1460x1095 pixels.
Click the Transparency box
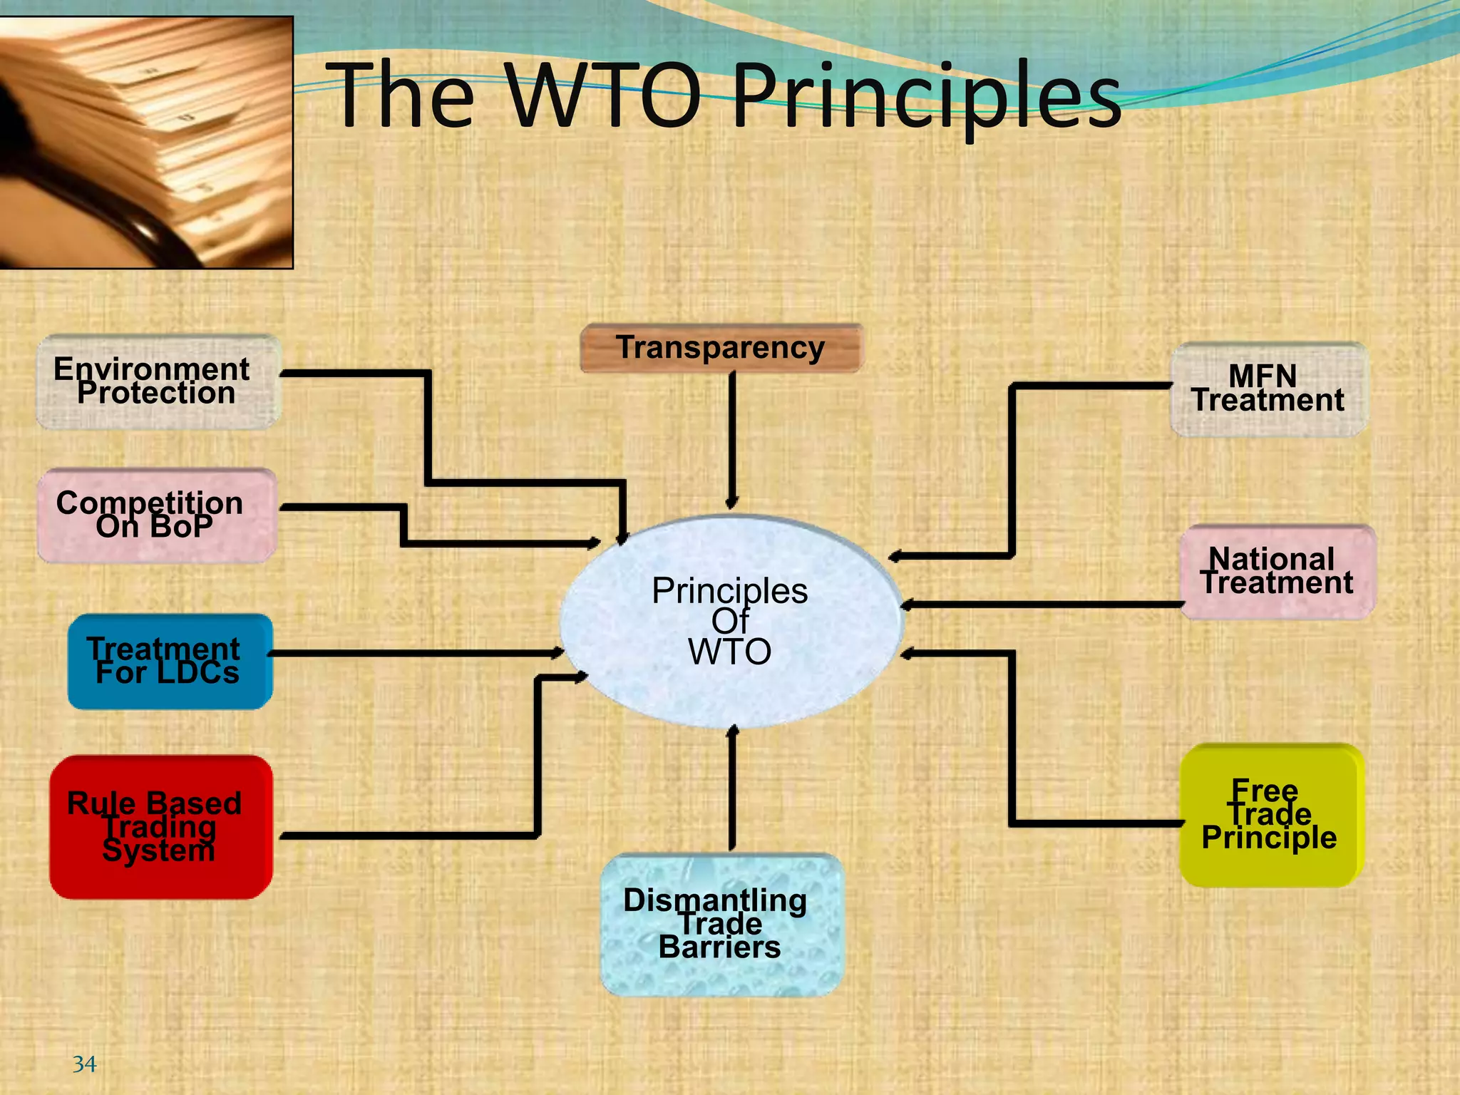pyautogui.click(x=721, y=348)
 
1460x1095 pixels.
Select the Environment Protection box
pyautogui.click(x=158, y=382)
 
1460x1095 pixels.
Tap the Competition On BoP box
pyautogui.click(x=156, y=515)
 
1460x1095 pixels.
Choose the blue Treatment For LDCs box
pyautogui.click(x=170, y=662)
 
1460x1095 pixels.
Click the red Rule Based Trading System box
pyautogui.click(x=160, y=827)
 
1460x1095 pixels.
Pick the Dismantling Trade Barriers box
pyautogui.click(x=721, y=925)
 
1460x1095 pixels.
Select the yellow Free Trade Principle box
pyautogui.click(x=1270, y=816)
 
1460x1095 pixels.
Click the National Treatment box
pyautogui.click(x=1277, y=572)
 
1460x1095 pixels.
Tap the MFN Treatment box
pyautogui.click(x=1268, y=389)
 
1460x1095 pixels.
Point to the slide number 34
pyautogui.click(x=84, y=1064)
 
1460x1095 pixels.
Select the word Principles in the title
pyautogui.click(x=927, y=96)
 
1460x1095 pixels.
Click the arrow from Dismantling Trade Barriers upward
pyautogui.click(x=732, y=791)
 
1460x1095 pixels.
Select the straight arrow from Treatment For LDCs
pyautogui.click(x=413, y=653)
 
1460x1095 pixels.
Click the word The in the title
pyautogui.click(x=403, y=96)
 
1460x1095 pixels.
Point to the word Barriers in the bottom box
pyautogui.click(x=719, y=947)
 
